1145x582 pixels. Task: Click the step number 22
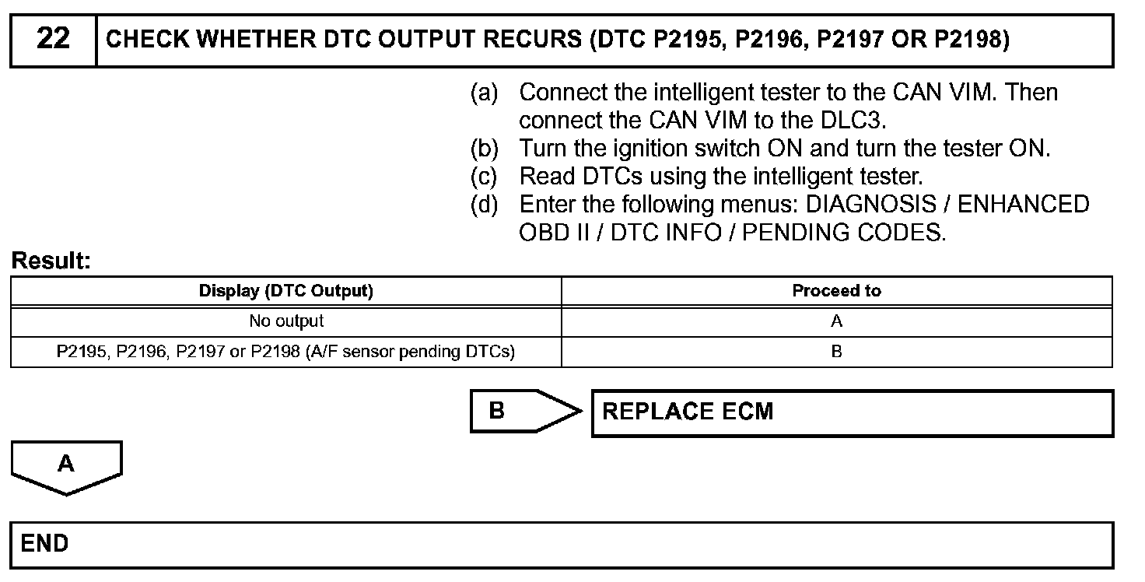pyautogui.click(x=53, y=39)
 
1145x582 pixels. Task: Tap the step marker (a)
pyautogui.click(x=484, y=93)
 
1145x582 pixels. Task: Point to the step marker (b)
pyautogui.click(x=484, y=149)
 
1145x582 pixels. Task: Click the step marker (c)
pyautogui.click(x=484, y=177)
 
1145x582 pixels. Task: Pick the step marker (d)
pyautogui.click(x=484, y=205)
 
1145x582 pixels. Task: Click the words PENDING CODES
pyautogui.click(x=844, y=233)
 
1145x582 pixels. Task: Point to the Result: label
pyautogui.click(x=51, y=261)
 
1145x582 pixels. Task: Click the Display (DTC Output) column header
pyautogui.click(x=286, y=291)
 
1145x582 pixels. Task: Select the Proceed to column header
pyautogui.click(x=836, y=291)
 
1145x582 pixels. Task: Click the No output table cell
pyautogui.click(x=286, y=321)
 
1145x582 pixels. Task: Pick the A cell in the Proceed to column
pyautogui.click(x=836, y=321)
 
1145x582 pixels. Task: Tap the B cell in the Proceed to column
pyautogui.click(x=836, y=351)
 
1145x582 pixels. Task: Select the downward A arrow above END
pyautogui.click(x=67, y=466)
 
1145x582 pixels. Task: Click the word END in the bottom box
pyautogui.click(x=45, y=543)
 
